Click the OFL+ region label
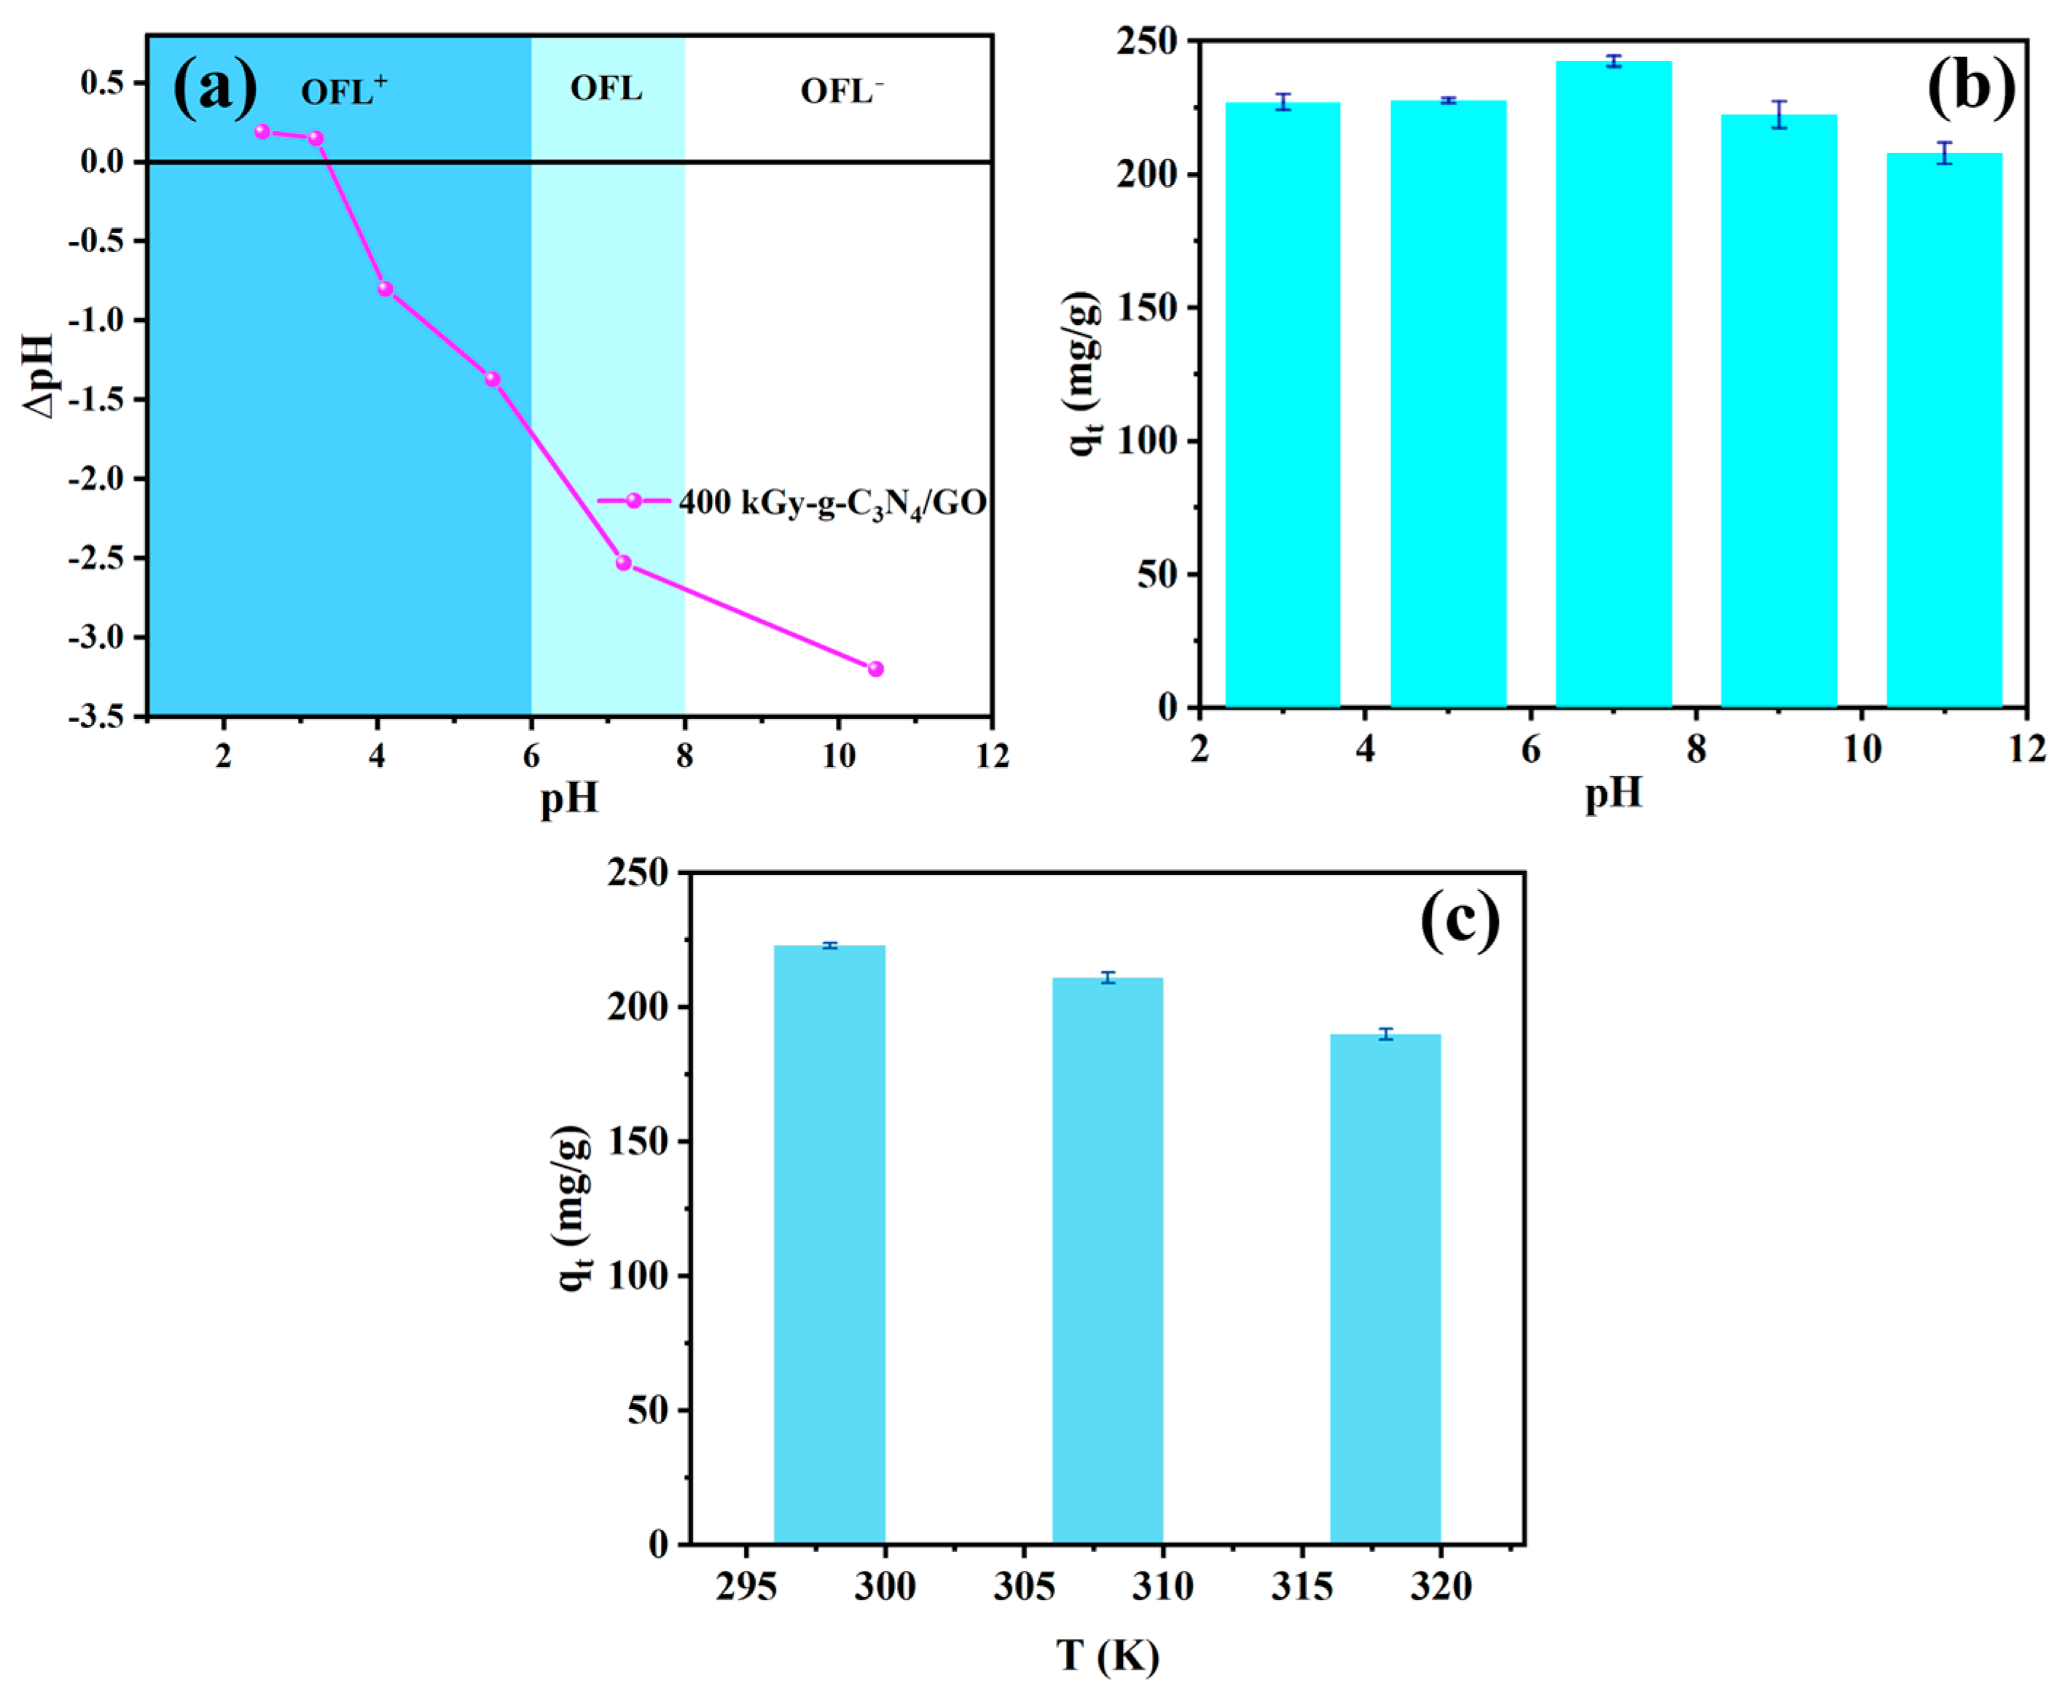click(x=342, y=92)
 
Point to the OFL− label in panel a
click(x=842, y=92)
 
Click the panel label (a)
click(x=214, y=87)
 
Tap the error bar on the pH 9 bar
click(x=1779, y=114)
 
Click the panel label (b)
click(x=1970, y=86)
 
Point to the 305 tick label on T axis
click(x=1024, y=1588)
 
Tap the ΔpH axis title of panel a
click(x=39, y=375)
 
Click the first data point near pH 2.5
click(x=262, y=131)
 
